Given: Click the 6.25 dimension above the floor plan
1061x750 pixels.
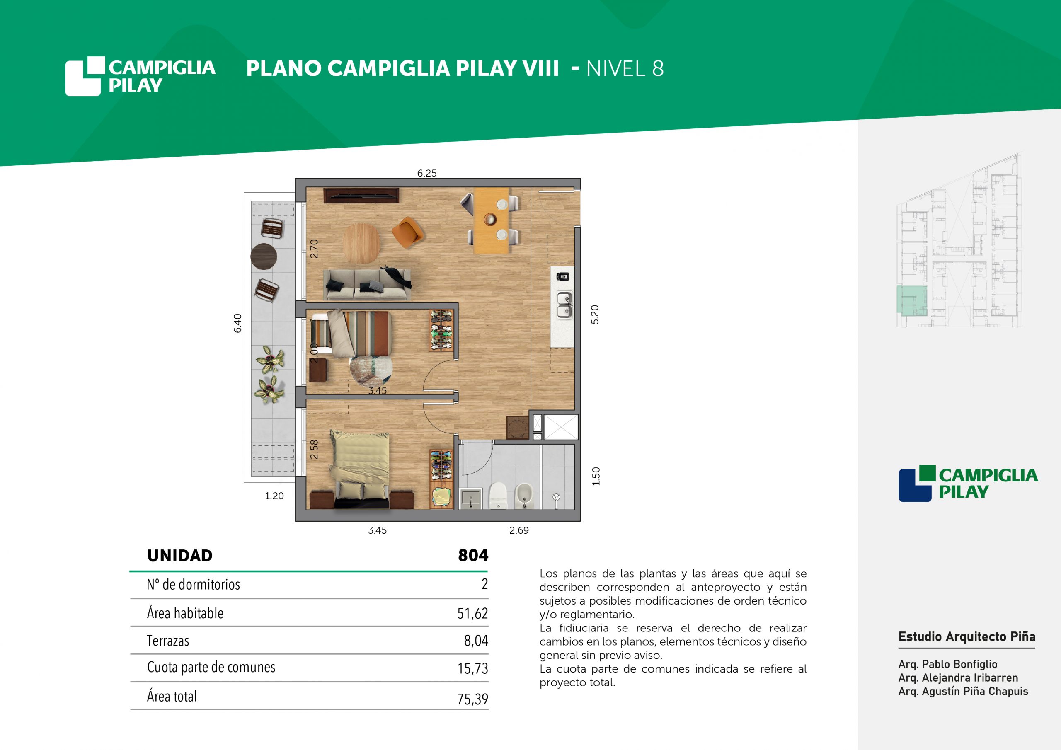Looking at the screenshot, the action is pos(426,173).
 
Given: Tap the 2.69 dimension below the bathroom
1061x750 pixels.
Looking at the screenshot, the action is pos(519,530).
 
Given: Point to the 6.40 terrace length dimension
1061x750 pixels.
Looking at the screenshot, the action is pos(237,323).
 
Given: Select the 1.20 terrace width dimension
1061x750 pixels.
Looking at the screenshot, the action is pos(274,496).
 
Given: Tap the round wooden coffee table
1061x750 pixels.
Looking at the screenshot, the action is pos(361,240).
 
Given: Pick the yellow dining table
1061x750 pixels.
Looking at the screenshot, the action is pos(492,220).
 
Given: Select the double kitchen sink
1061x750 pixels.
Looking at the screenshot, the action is pos(564,305).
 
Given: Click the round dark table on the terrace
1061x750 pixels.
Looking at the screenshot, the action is pos(264,256).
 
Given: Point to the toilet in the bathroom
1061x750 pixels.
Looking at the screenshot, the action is pos(498,496).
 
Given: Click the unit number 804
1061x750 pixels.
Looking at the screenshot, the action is pos(473,555).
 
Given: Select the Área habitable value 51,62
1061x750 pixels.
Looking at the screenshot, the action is pos(472,613).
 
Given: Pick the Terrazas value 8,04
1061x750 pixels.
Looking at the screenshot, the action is pos(476,641).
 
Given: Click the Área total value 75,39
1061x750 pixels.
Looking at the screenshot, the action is pos(472,699).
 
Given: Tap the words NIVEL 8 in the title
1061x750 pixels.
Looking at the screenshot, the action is pos(625,69).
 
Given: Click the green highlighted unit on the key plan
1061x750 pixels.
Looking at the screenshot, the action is pos(912,300).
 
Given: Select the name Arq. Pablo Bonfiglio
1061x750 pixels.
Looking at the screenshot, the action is pos(948,664).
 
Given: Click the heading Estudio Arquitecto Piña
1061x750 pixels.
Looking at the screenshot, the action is pos(967,637).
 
